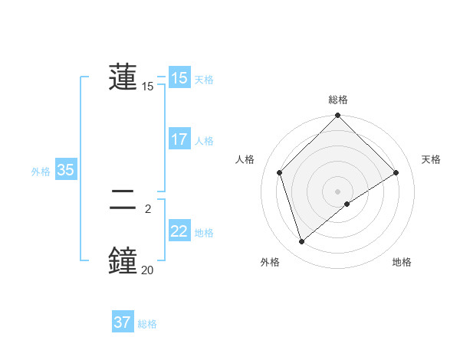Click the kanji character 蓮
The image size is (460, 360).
[123, 77]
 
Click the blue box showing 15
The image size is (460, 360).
[179, 78]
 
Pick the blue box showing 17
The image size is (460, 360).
[179, 139]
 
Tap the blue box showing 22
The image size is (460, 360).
[179, 231]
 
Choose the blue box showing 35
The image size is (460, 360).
[65, 170]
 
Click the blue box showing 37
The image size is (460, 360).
[122, 322]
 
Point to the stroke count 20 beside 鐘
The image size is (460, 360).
[147, 270]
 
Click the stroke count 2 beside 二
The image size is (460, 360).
[147, 208]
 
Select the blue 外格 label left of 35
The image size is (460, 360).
[41, 172]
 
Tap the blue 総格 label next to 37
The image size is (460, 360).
[147, 324]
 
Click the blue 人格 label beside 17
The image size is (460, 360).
[204, 141]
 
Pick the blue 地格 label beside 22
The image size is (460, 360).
[204, 233]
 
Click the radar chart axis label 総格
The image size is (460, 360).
[338, 100]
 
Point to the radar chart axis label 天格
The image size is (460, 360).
[431, 159]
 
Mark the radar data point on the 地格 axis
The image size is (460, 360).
[347, 204]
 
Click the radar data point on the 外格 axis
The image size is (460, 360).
[301, 242]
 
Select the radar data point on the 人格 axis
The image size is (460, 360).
[280, 172]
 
